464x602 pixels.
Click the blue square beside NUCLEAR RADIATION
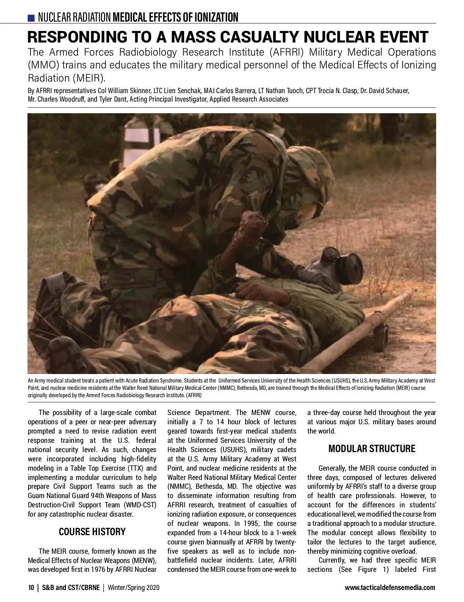coord(31,18)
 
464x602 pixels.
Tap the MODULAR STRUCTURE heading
coord(372,449)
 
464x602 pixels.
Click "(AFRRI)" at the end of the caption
coord(192,395)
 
